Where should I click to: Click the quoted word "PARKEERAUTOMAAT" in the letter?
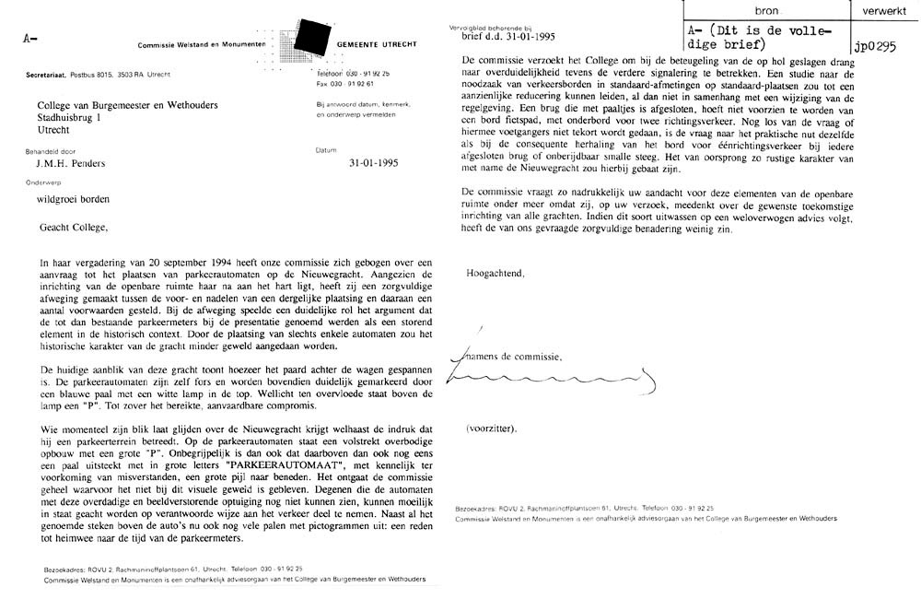coord(286,465)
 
